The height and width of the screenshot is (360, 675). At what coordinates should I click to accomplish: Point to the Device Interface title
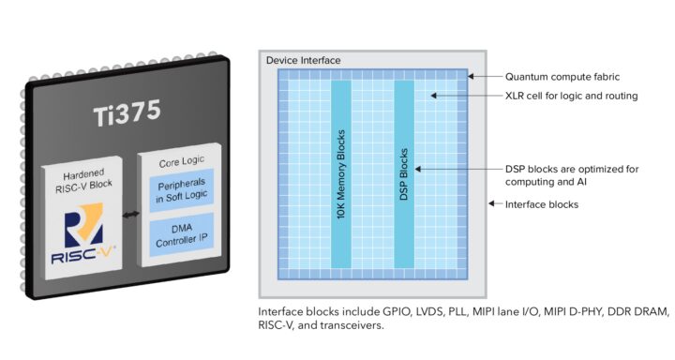[303, 60]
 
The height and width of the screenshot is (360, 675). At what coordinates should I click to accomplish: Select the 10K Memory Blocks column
[341, 174]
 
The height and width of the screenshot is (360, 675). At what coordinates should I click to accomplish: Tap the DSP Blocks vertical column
[404, 174]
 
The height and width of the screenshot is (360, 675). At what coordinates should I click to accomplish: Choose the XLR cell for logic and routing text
[571, 96]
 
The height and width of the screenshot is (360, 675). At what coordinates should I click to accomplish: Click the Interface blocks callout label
[542, 203]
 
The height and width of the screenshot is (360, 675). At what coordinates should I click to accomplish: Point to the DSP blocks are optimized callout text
[571, 175]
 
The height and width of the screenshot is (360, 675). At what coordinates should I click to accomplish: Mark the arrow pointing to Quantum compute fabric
[483, 76]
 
